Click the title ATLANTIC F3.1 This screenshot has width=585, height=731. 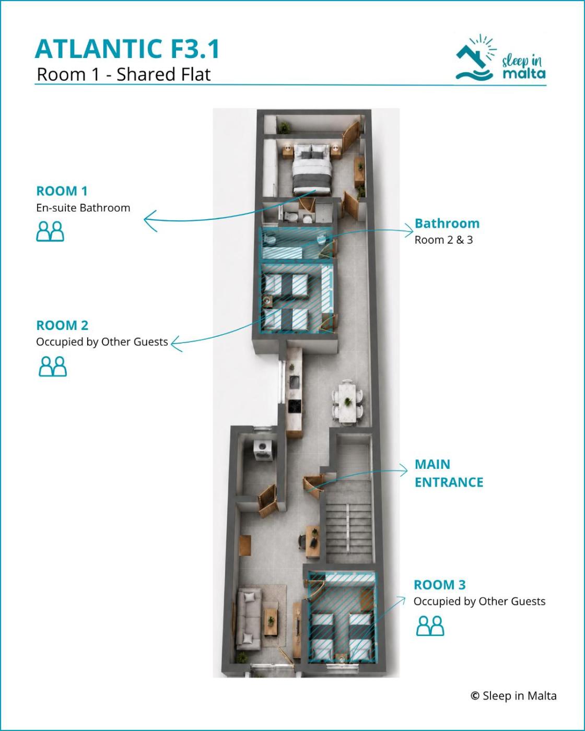(127, 49)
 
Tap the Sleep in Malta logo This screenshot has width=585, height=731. (500, 58)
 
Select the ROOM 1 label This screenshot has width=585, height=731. (62, 191)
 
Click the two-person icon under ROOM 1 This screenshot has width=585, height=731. (50, 231)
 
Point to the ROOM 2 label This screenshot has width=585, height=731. (62, 325)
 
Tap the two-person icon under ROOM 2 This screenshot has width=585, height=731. (53, 366)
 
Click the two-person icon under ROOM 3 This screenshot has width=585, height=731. (430, 626)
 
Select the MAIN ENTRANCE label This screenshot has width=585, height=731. (449, 473)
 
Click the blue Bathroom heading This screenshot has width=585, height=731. (447, 223)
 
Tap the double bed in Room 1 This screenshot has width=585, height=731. (312, 169)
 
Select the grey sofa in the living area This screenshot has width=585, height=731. (249, 619)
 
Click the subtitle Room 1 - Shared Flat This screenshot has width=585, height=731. (124, 74)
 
